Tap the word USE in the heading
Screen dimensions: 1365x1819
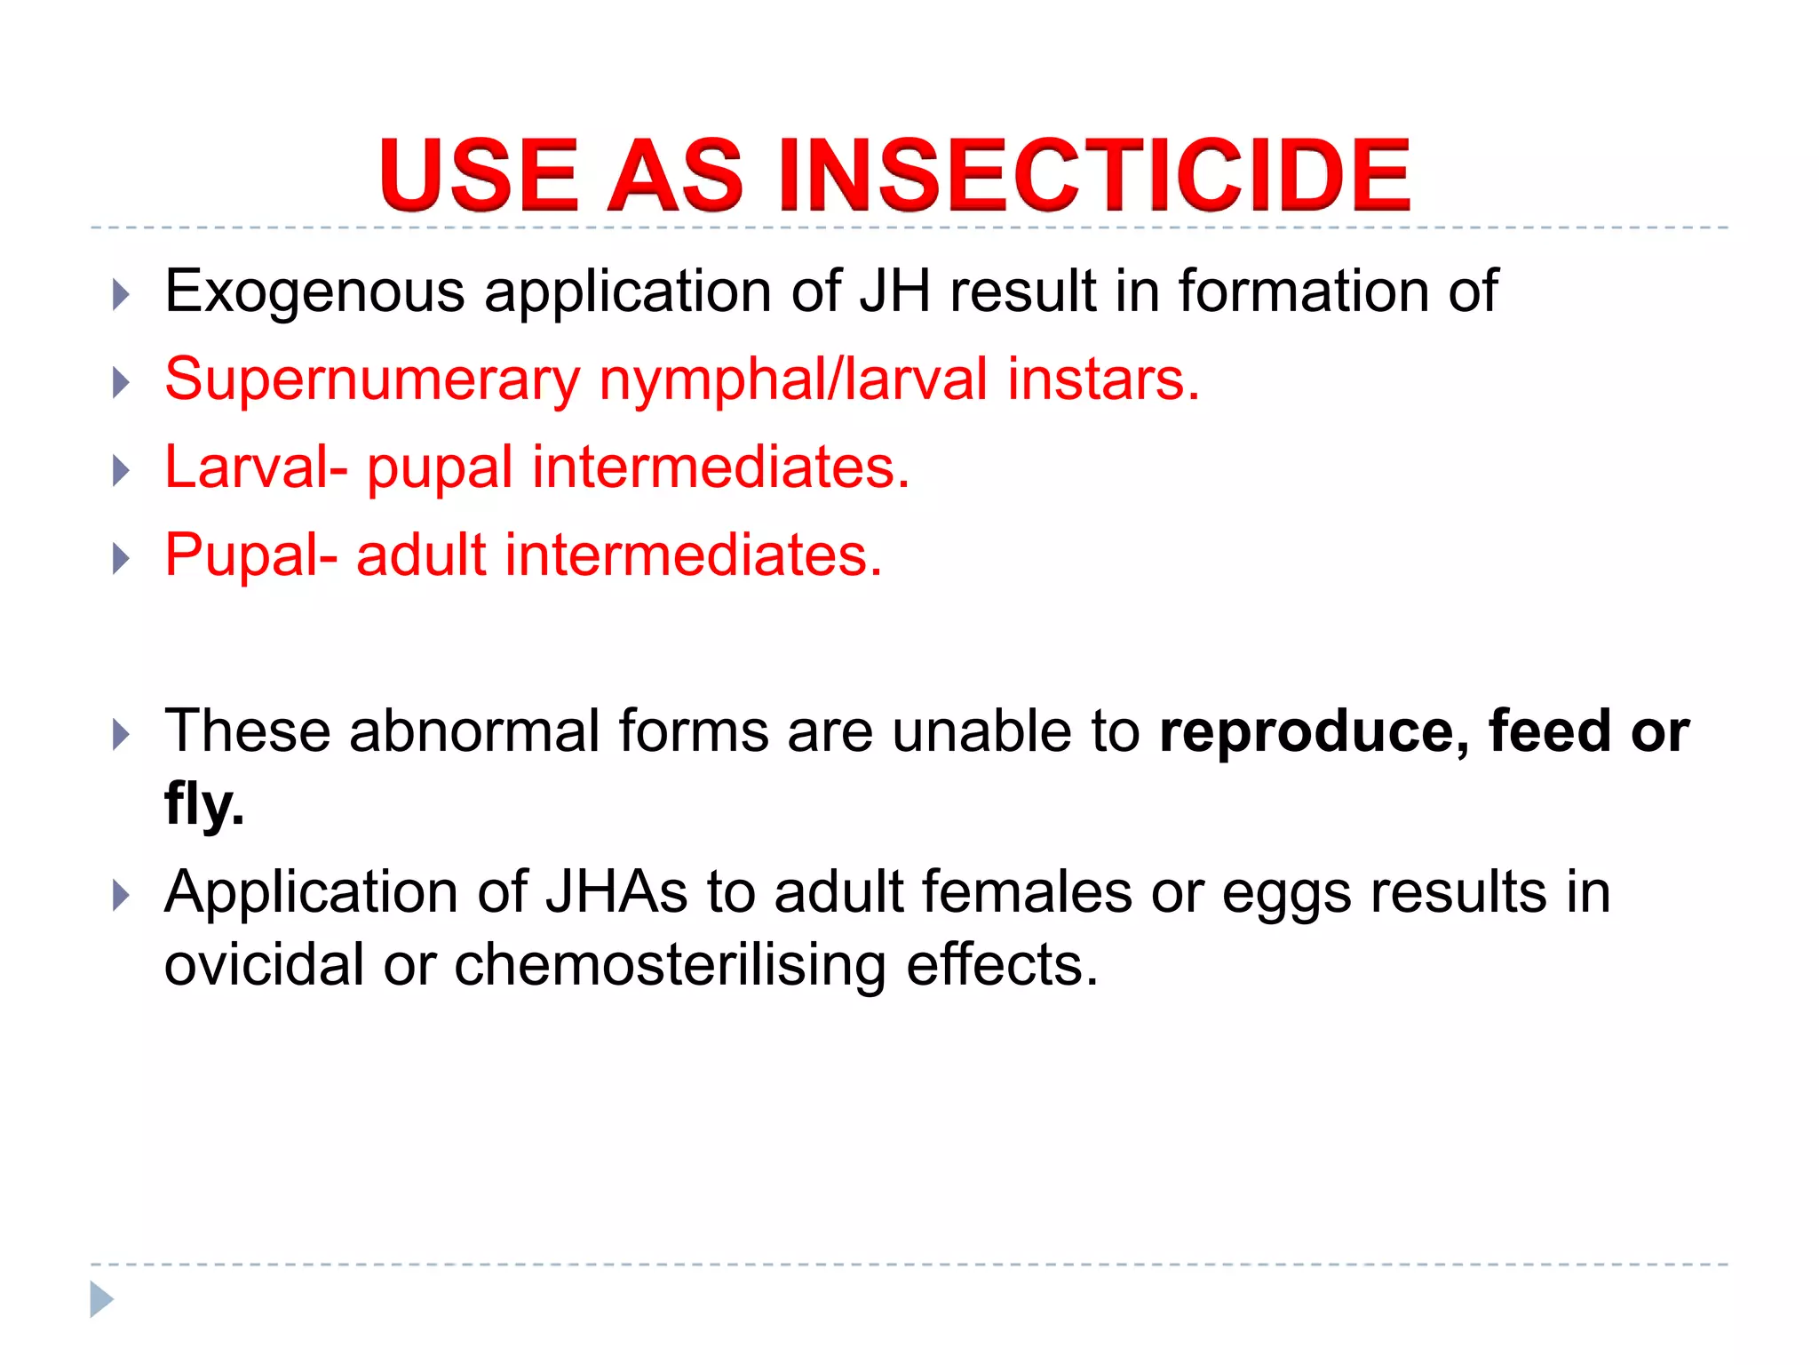pyautogui.click(x=479, y=175)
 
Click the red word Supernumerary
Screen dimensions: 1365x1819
pyautogui.click(x=372, y=379)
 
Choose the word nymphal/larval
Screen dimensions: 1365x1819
pyautogui.click(x=793, y=379)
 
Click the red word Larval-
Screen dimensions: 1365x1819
pyautogui.click(x=256, y=467)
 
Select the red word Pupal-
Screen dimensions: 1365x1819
pyautogui.click(x=251, y=555)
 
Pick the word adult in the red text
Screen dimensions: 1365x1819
pyautogui.click(x=421, y=555)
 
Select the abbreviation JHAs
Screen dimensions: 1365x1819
pyautogui.click(x=616, y=892)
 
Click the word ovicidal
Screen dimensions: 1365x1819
pyautogui.click(x=264, y=965)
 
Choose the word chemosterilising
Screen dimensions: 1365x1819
pyautogui.click(x=670, y=965)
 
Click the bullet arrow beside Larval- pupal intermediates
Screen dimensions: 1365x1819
pyautogui.click(x=122, y=470)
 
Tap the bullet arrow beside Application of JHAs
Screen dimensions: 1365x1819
pyautogui.click(x=122, y=895)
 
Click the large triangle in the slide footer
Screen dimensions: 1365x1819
pyautogui.click(x=101, y=1299)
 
